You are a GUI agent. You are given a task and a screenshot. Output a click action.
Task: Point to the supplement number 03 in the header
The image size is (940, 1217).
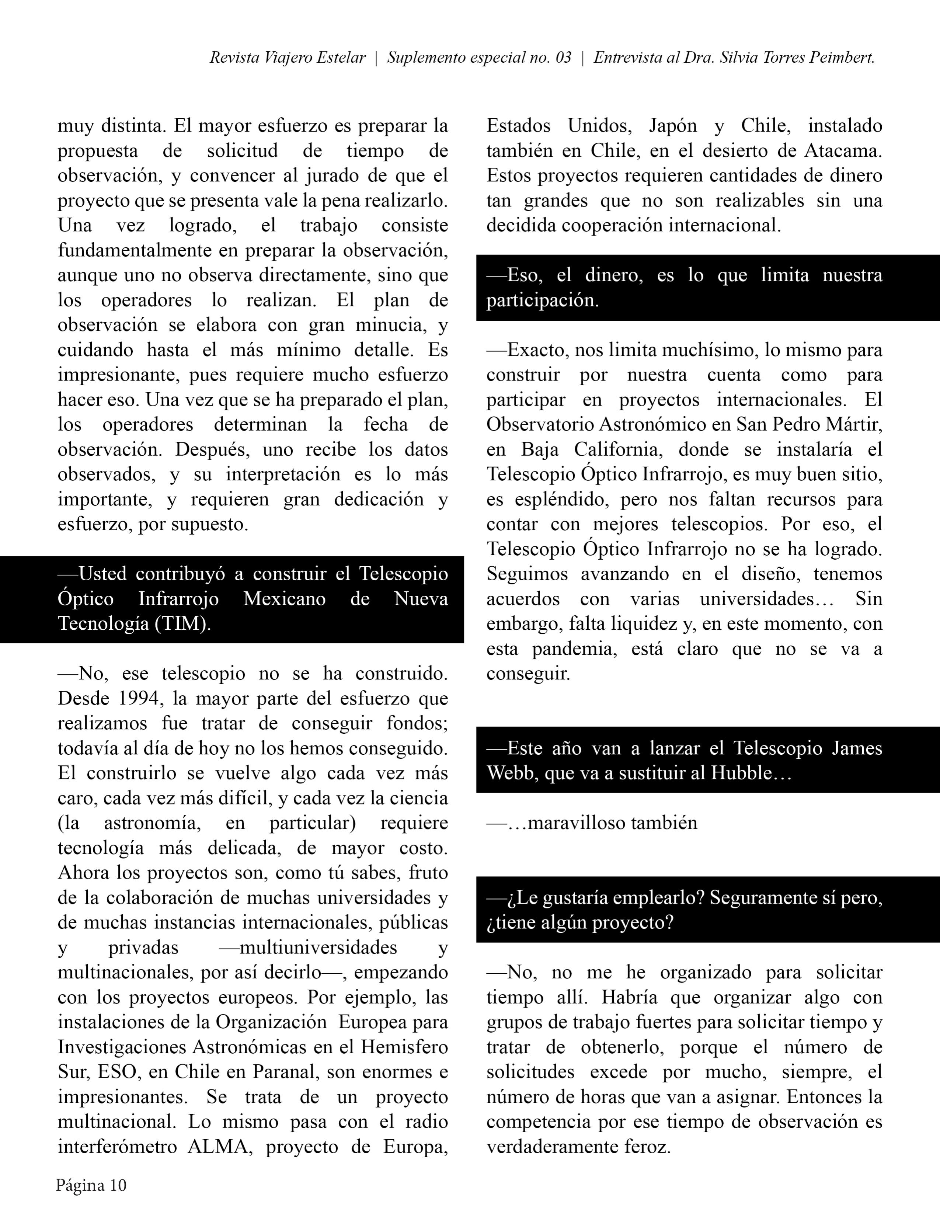pyautogui.click(x=563, y=58)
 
